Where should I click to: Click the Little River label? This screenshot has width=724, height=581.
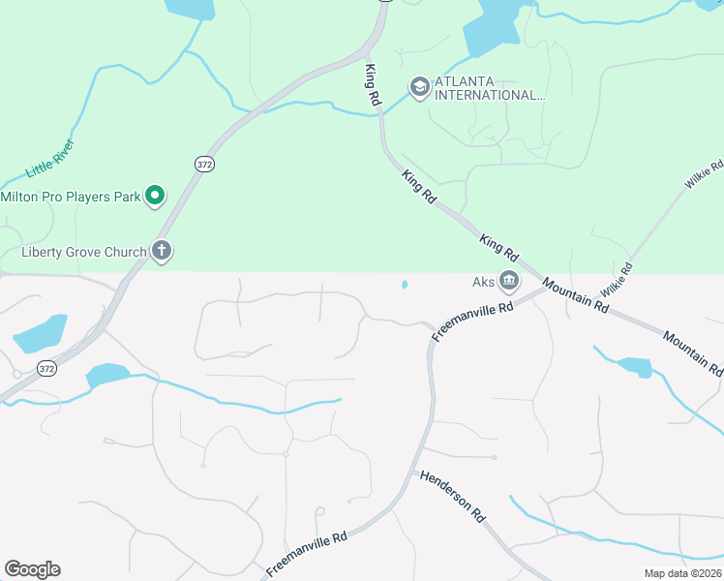(x=50, y=157)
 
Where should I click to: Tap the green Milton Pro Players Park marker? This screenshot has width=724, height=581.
(x=155, y=197)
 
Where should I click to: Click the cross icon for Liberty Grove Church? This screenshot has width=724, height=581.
(x=161, y=253)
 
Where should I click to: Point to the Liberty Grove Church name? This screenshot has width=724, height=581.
(x=83, y=253)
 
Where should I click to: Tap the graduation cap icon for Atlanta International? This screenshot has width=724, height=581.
(x=419, y=88)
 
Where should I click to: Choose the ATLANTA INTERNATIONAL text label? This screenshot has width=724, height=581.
(x=490, y=88)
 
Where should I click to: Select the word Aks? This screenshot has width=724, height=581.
(x=483, y=283)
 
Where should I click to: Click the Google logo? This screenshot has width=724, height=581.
(x=32, y=569)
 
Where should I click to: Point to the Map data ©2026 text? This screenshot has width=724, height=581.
(x=681, y=573)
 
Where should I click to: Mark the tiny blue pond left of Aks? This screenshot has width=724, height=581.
(x=404, y=285)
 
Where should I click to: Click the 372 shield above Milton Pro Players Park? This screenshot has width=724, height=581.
(x=203, y=165)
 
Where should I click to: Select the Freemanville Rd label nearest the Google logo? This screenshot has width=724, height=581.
(x=307, y=554)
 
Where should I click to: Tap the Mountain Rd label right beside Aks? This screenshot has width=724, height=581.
(x=576, y=295)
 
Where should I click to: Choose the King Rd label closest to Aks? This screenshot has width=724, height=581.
(x=498, y=246)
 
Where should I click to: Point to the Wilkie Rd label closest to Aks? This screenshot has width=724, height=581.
(x=617, y=280)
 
